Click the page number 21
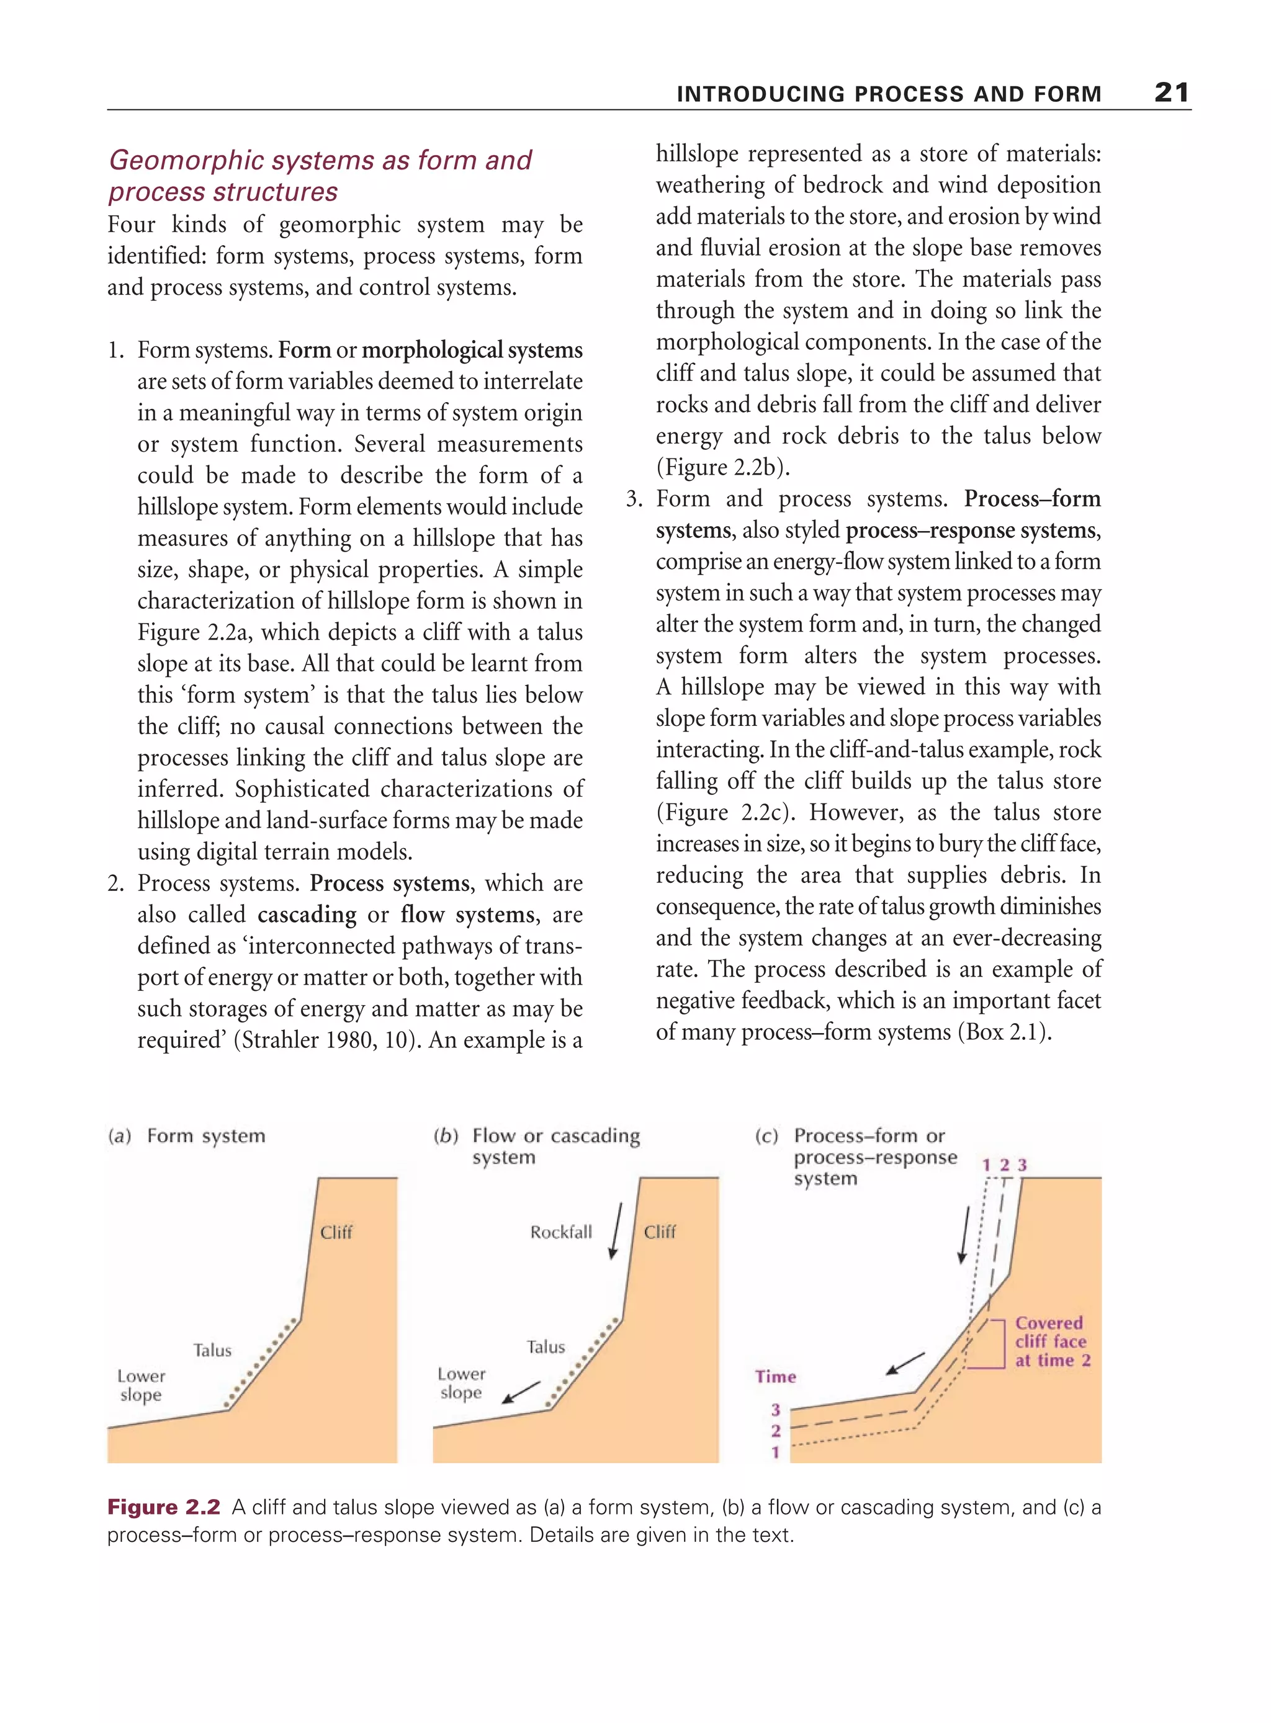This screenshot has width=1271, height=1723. point(1171,93)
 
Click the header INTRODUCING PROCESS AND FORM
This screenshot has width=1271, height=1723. point(889,94)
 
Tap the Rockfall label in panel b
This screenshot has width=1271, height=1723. point(561,1232)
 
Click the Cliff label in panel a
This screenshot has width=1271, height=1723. point(336,1232)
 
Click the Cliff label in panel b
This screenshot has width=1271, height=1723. point(659,1232)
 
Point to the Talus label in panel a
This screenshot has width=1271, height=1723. point(212,1350)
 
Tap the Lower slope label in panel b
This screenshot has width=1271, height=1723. point(461,1383)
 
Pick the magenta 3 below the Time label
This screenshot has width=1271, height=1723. point(776,1410)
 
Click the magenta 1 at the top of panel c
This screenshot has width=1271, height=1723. point(986,1165)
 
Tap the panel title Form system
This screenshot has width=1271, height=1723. point(205,1136)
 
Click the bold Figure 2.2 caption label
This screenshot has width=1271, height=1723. point(164,1507)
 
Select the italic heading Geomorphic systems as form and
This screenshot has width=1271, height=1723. point(320,160)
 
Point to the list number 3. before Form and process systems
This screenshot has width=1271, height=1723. point(634,499)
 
